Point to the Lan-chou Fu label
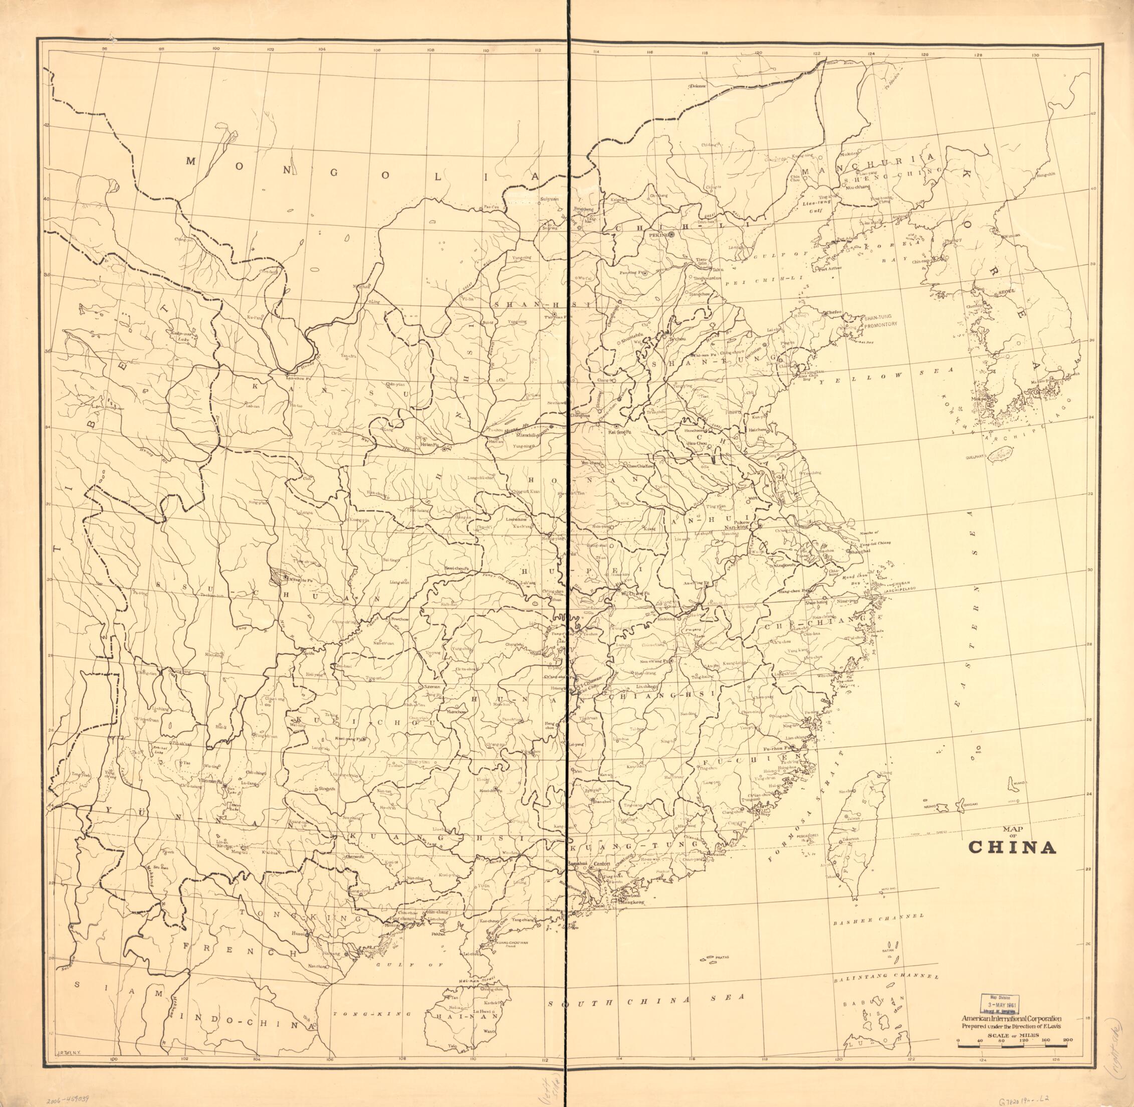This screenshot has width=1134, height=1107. tap(298, 378)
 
